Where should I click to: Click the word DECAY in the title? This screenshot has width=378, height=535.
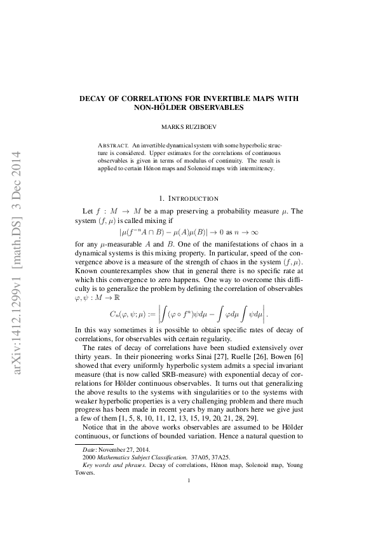(94, 100)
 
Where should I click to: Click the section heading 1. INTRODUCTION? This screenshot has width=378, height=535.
(189, 198)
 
